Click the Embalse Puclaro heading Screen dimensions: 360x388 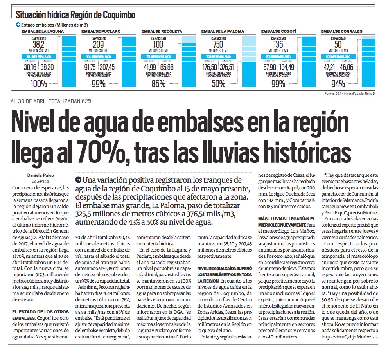coord(98,31)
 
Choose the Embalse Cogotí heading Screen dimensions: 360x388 coord(276,31)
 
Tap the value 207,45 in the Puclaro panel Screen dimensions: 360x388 coord(107,67)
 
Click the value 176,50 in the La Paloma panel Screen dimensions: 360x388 coord(210,67)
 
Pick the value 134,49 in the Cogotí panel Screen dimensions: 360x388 coord(287,67)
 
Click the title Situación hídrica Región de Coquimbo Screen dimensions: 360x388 coord(75,15)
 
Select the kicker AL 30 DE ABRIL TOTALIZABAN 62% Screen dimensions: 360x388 coord(51,101)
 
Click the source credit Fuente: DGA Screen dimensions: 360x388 coord(334,94)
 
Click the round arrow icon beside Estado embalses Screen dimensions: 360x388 coord(18,25)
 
